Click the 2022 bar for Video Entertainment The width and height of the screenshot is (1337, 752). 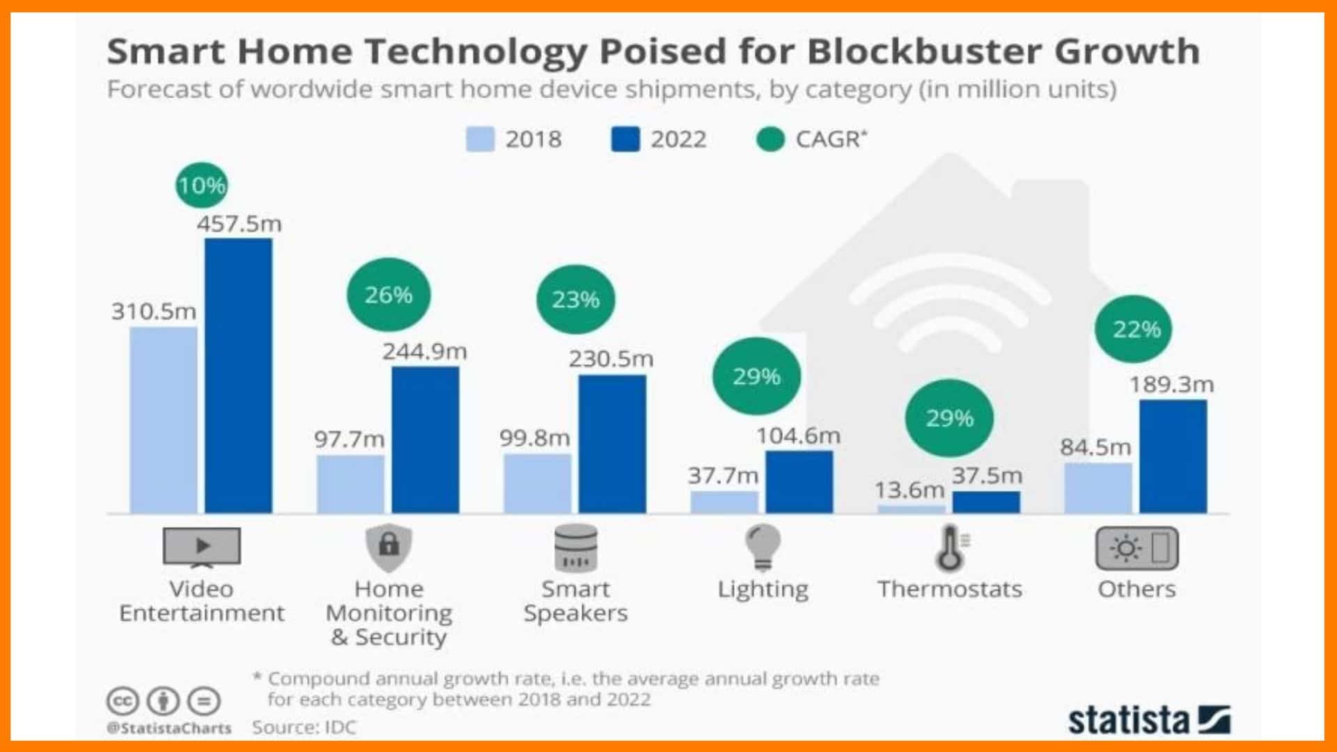[238, 376]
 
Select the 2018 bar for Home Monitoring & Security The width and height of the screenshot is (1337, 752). [350, 484]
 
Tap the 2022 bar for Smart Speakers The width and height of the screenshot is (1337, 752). [612, 444]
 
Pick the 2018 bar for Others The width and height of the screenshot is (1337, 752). [1098, 488]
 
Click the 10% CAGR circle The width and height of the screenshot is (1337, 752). [201, 185]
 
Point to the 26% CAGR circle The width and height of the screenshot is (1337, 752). [389, 295]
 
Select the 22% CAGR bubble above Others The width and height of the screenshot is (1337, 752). [1136, 329]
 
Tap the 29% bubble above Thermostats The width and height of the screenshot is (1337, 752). [949, 418]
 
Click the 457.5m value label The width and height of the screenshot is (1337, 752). [239, 224]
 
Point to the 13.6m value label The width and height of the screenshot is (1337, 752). [909, 489]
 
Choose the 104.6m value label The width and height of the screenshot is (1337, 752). [798, 436]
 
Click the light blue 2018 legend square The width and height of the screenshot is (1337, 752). [480, 139]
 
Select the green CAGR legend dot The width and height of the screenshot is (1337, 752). [770, 139]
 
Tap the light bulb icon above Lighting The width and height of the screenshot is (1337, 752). [763, 547]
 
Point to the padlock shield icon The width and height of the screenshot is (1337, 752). [389, 547]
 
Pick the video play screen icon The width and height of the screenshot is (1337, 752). [201, 547]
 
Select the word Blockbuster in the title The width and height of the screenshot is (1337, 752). [923, 51]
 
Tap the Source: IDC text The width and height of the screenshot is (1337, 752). [304, 728]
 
